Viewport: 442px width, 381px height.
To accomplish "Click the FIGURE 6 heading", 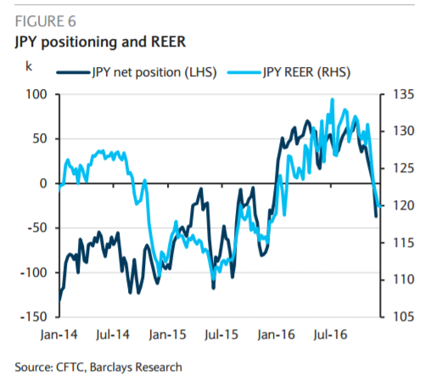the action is click(45, 21).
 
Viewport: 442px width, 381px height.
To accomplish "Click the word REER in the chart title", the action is click(168, 42).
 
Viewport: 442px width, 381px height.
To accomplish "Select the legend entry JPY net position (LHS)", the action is click(137, 72).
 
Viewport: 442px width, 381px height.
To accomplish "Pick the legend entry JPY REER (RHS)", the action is click(289, 72).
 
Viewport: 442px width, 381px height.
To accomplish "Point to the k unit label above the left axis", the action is click(29, 66).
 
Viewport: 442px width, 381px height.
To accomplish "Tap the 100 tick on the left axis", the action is click(36, 94).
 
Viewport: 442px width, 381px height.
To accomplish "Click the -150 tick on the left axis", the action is click(33, 317).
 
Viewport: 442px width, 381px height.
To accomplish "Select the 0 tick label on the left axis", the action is click(43, 183).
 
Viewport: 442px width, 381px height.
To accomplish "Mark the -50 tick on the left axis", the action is click(36, 228).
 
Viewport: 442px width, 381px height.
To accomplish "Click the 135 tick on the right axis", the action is click(404, 94).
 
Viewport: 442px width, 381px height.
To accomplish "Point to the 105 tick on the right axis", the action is click(404, 317).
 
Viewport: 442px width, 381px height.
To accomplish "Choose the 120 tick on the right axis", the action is click(404, 205).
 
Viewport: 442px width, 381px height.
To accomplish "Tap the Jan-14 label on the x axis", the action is click(59, 335).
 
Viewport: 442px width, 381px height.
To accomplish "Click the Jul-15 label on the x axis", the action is click(221, 335).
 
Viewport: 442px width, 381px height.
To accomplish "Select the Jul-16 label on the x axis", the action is click(330, 335).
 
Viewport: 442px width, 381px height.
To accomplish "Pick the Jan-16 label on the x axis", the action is click(277, 335).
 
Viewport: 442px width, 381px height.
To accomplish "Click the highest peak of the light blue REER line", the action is click(333, 99).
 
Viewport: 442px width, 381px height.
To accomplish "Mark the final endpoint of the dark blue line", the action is click(376, 216).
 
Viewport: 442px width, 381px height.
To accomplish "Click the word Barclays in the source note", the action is click(111, 367).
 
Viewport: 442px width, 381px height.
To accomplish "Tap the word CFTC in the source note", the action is click(70, 367).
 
